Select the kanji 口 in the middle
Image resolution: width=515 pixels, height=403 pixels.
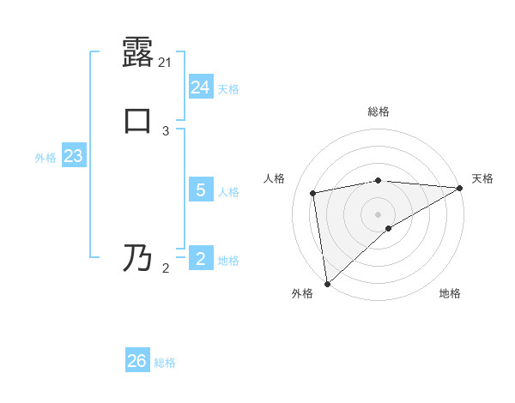tap(137, 120)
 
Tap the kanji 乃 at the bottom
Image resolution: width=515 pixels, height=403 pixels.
tap(137, 257)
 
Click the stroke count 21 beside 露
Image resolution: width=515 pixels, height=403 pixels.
tap(166, 63)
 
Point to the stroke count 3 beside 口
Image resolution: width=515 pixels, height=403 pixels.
tap(166, 130)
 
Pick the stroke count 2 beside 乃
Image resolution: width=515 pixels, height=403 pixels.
tap(166, 268)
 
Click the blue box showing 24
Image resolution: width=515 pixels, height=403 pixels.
tap(201, 87)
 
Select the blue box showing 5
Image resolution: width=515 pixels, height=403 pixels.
tap(201, 190)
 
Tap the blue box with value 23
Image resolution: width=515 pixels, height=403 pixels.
tap(73, 157)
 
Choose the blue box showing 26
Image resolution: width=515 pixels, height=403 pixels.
tap(137, 361)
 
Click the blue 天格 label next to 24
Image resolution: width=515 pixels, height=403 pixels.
tap(228, 89)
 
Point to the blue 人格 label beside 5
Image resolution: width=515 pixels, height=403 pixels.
tap(228, 192)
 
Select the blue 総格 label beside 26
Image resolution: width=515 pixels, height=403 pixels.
tap(165, 363)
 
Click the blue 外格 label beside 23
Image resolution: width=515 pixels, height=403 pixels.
tap(45, 158)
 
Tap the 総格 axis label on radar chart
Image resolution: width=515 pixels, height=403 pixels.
tap(379, 111)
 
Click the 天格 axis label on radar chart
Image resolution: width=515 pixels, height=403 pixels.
tap(482, 178)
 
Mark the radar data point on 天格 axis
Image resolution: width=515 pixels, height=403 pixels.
tap(460, 188)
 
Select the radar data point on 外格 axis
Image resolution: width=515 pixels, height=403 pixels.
tap(327, 284)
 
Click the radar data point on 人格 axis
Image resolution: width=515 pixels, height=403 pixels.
tap(313, 193)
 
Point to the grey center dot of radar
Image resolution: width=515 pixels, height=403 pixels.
tap(379, 214)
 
